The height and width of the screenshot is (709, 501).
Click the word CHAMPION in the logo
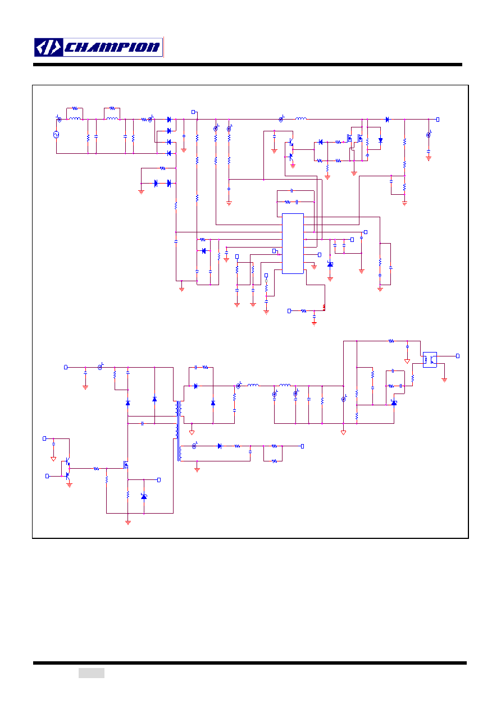[112, 48]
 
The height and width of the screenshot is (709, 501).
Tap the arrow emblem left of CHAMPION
[48, 48]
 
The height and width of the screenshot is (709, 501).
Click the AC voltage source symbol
[56, 135]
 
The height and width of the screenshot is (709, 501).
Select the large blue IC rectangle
[293, 244]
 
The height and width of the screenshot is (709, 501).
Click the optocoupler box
[430, 360]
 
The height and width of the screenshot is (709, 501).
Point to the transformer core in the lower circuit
[178, 431]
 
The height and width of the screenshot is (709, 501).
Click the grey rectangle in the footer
[92, 673]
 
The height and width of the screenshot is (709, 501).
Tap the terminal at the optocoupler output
[458, 356]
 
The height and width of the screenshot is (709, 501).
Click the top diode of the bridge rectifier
[169, 120]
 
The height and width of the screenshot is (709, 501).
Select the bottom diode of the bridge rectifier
[169, 153]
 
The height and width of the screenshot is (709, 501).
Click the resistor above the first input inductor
[75, 108]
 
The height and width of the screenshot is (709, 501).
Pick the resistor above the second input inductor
[112, 108]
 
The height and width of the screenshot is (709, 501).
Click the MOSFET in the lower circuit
[126, 465]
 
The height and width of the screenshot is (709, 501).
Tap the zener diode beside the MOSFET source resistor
[144, 497]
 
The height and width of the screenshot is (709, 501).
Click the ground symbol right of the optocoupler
[444, 380]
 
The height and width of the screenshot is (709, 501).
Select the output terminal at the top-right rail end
[438, 120]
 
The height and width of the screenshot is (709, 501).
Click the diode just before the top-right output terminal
[388, 120]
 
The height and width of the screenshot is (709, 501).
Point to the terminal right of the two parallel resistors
[302, 446]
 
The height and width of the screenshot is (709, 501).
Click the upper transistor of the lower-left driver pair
[67, 461]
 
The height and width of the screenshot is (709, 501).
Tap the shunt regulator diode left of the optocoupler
[394, 402]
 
